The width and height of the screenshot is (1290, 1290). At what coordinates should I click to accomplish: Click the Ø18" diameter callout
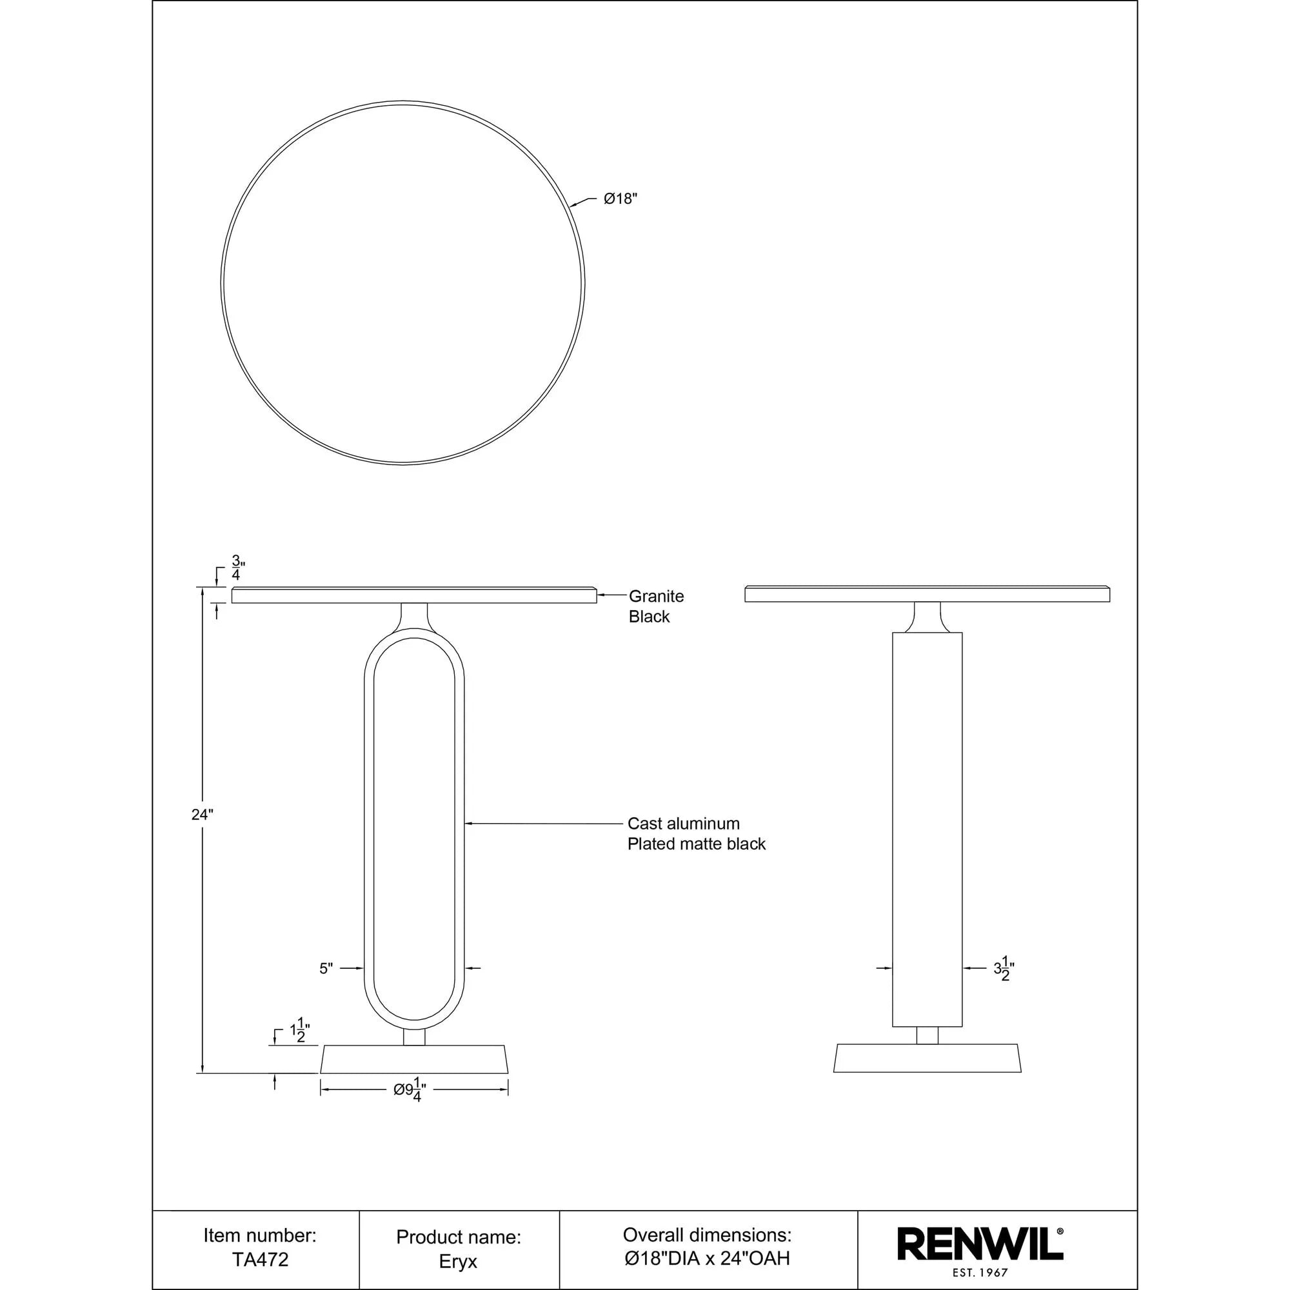click(x=620, y=199)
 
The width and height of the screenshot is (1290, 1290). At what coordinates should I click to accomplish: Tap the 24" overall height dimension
click(x=202, y=815)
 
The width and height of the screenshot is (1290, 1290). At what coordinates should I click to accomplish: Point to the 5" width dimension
click(x=325, y=969)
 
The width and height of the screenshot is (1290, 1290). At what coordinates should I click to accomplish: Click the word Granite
click(x=656, y=596)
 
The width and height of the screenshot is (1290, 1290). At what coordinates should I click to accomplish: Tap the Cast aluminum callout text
click(x=683, y=824)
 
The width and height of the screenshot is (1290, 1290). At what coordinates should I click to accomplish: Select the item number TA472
click(x=260, y=1259)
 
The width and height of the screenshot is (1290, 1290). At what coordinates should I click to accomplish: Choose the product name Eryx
click(x=458, y=1261)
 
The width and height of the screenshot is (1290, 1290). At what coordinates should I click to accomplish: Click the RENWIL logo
click(x=980, y=1245)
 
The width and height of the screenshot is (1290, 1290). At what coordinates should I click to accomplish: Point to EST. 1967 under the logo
click(x=980, y=1273)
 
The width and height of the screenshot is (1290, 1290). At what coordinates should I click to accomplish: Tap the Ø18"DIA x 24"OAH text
click(x=706, y=1258)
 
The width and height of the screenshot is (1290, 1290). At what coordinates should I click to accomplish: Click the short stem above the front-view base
click(x=414, y=1038)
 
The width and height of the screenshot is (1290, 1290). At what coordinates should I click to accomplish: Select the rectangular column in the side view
click(x=927, y=828)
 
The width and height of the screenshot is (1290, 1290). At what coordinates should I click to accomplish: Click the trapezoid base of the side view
click(x=927, y=1059)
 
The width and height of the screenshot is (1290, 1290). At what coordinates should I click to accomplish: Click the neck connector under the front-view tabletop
click(x=414, y=615)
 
